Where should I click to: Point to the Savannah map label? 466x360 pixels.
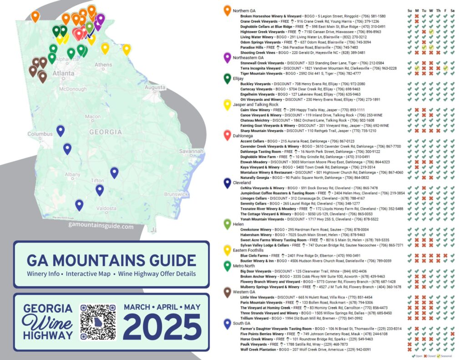pyautogui.click(x=191, y=151)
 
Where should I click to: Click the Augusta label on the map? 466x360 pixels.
pyautogui.click(x=155, y=87)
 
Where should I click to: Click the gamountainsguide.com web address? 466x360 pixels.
pyautogui.click(x=101, y=225)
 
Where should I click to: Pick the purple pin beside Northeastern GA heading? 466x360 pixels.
pyautogui.click(x=227, y=58)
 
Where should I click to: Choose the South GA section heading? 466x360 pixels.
pyautogui.click(x=242, y=323)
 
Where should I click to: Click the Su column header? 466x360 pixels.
pyautogui.click(x=409, y=10)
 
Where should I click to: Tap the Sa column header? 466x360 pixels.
pyautogui.click(x=452, y=10)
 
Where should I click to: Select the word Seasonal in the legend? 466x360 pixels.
pyautogui.click(x=447, y=355)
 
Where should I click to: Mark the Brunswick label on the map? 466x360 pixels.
pyautogui.click(x=176, y=194)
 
